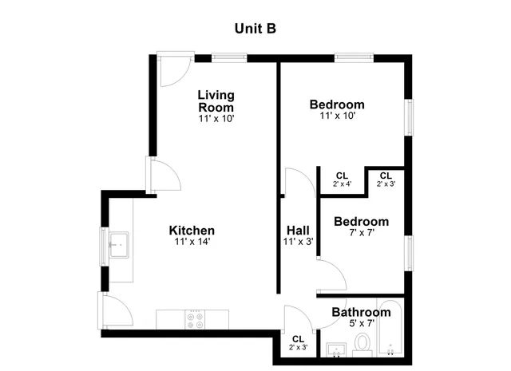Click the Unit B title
pyautogui.click(x=255, y=28)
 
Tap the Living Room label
pyautogui.click(x=216, y=101)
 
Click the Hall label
pyautogui.click(x=297, y=231)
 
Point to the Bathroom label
pyautogui.click(x=359, y=312)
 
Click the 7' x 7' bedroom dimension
pyautogui.click(x=361, y=233)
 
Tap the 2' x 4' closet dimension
pyautogui.click(x=342, y=184)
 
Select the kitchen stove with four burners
pyautogui.click(x=194, y=319)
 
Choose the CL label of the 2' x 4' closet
pyautogui.click(x=342, y=176)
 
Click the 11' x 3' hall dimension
pyautogui.click(x=297, y=241)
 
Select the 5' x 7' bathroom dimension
pyautogui.click(x=361, y=322)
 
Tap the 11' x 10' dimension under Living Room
pyautogui.click(x=216, y=118)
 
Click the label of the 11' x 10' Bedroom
pyautogui.click(x=337, y=105)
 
